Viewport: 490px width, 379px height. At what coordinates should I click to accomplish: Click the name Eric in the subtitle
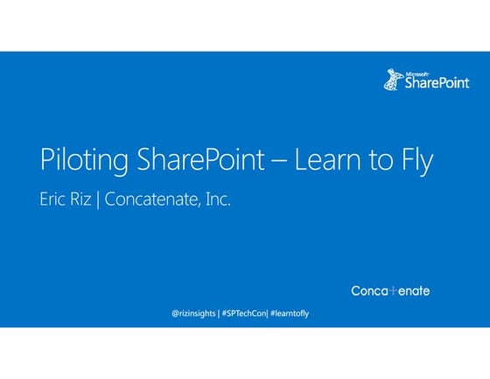[x=55, y=200]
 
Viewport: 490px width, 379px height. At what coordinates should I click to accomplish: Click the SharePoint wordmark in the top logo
[x=437, y=82]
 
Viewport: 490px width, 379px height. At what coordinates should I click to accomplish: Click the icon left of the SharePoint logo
[x=392, y=81]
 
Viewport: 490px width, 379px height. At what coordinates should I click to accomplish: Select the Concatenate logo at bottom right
[x=390, y=291]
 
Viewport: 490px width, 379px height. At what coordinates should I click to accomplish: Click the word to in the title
[x=372, y=161]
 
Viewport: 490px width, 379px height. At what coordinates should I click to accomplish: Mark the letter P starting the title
[x=45, y=161]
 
